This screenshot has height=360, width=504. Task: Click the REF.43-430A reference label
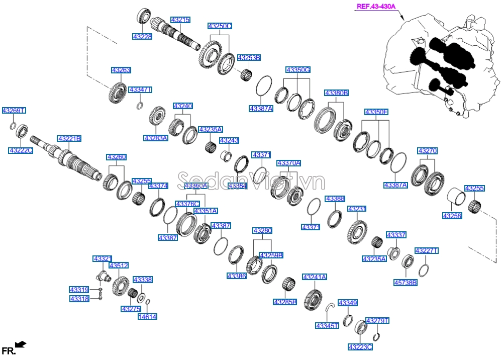pyautogui.click(x=376, y=7)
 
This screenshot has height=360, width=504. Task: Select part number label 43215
pyautogui.click(x=180, y=20)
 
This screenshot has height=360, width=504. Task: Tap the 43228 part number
pyautogui.click(x=142, y=37)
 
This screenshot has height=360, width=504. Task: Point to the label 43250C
pyautogui.click(x=220, y=26)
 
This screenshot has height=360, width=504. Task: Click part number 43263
pyautogui.click(x=121, y=70)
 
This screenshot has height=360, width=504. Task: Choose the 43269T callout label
pyautogui.click(x=14, y=110)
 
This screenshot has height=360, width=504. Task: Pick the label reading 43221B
pyautogui.click(x=69, y=138)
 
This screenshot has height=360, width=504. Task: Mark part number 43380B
pyautogui.click(x=336, y=93)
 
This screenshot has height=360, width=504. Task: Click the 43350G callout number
pyautogui.click(x=298, y=69)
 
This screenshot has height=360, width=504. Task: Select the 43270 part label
pyautogui.click(x=427, y=150)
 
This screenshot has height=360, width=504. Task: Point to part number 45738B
pyautogui.click(x=405, y=283)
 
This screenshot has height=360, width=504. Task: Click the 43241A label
pyautogui.click(x=315, y=277)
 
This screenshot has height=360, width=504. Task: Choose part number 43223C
pyautogui.click(x=360, y=347)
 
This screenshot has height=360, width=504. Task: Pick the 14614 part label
pyautogui.click(x=147, y=316)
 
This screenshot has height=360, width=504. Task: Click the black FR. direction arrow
pyautogui.click(x=21, y=344)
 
